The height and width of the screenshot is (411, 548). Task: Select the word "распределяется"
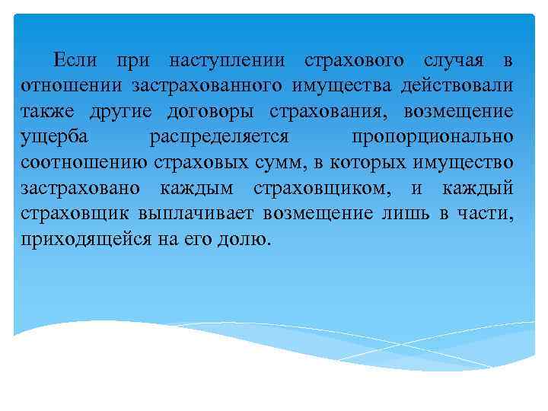tap(229, 137)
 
